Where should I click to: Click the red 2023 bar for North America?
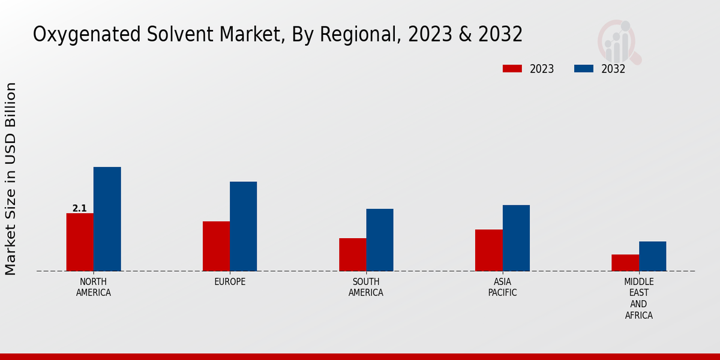[80, 242]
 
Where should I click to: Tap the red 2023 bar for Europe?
[216, 246]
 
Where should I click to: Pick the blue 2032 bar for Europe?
[243, 226]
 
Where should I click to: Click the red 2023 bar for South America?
[352, 254]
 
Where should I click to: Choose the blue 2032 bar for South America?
[380, 239]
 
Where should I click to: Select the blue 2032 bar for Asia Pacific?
[516, 238]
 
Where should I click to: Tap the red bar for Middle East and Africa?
[625, 262]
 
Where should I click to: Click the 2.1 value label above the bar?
[79, 208]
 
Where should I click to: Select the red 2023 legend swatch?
[512, 68]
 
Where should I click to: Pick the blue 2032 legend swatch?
[583, 68]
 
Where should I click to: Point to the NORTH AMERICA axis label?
[94, 287]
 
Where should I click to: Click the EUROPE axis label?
[230, 282]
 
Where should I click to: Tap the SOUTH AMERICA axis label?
[366, 287]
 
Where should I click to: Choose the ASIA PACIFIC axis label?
[502, 287]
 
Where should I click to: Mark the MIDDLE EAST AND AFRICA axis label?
[639, 298]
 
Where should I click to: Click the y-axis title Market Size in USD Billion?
[11, 179]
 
